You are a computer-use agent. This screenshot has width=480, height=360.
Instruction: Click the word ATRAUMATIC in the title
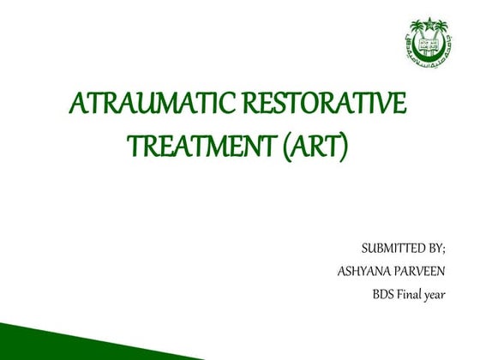(139, 106)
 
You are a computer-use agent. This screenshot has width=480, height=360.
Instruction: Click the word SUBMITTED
(393, 249)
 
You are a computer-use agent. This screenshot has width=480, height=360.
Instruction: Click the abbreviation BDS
(384, 297)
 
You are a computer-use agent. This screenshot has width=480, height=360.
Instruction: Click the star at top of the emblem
(429, 23)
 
